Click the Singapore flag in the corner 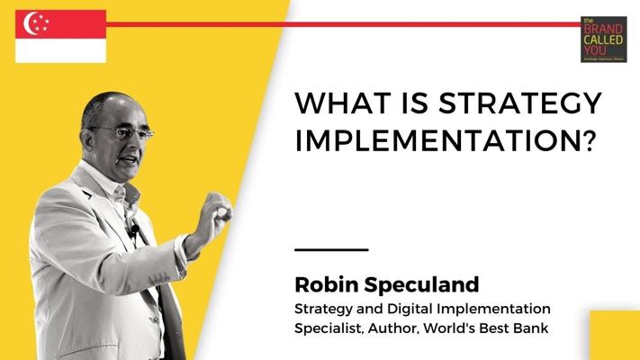(60, 37)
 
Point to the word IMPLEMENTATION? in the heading (446, 141)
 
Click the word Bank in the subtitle (530, 328)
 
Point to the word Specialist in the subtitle (329, 328)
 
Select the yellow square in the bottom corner (615, 335)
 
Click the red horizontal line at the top (343, 24)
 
